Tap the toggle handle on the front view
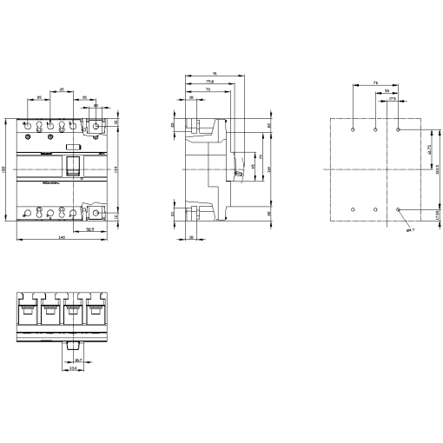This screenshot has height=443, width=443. (x=75, y=165)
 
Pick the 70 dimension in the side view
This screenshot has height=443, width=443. (x=208, y=89)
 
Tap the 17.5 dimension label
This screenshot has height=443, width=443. (x=393, y=98)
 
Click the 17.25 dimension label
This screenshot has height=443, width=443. (x=436, y=214)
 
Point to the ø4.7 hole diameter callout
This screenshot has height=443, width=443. (x=411, y=230)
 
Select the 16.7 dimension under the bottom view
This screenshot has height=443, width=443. (x=77, y=360)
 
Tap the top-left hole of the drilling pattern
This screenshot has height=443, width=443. (x=354, y=130)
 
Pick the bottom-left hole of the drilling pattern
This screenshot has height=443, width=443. (x=354, y=209)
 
